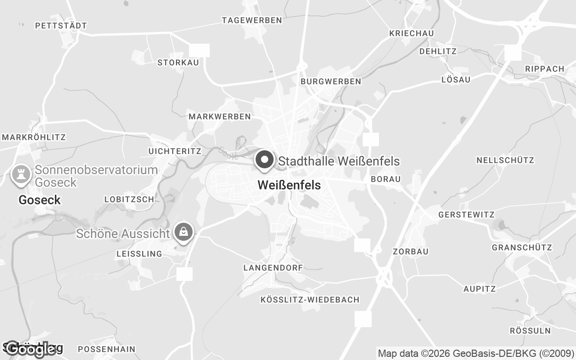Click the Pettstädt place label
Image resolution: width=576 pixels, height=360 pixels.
61,26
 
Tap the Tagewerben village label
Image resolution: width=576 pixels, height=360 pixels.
252,20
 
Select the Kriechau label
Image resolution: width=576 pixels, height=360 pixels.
411,34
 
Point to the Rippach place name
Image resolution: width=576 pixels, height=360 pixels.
544,69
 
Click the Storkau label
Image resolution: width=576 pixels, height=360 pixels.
178,63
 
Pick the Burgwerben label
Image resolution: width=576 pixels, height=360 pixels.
331,81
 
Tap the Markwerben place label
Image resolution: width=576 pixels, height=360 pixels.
220,117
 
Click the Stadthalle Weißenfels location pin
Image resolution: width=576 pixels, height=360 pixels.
265,160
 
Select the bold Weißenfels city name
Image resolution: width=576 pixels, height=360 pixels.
289,185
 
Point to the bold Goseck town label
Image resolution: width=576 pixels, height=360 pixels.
40,200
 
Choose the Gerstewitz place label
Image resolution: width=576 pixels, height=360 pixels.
466,215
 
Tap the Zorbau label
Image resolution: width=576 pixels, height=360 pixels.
410,252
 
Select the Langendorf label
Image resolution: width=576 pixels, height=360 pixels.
273,268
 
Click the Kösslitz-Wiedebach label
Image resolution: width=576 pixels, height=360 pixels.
310,300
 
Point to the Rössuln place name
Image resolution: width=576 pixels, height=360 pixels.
530,331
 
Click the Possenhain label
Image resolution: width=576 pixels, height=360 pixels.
107,349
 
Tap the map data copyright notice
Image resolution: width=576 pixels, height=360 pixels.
476,353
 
